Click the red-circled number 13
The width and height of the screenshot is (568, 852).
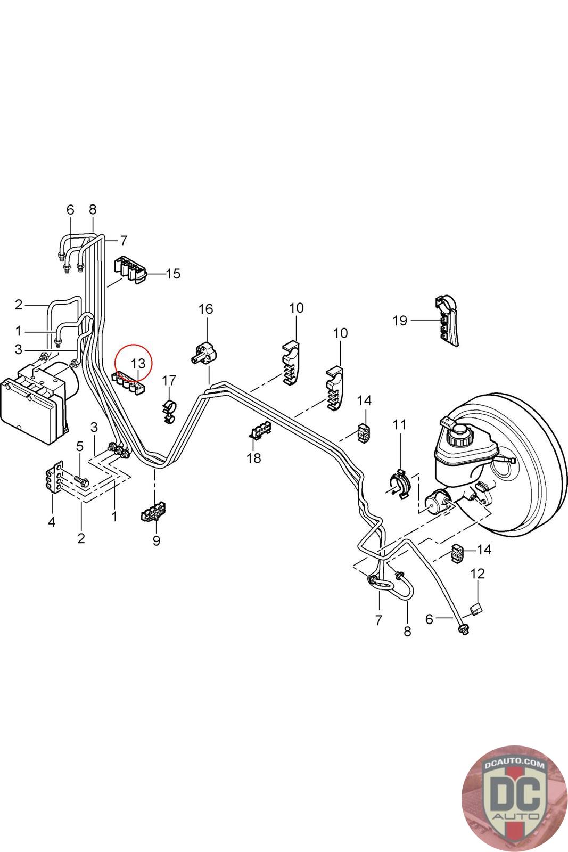point(138,364)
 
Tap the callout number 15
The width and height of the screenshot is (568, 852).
point(173,274)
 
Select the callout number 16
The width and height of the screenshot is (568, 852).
point(205,309)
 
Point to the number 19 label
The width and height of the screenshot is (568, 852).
point(400,321)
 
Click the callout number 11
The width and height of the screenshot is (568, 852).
point(400,424)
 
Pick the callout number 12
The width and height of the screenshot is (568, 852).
point(478,573)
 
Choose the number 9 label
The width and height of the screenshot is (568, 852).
point(157,541)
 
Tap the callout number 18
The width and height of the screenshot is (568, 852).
point(253,458)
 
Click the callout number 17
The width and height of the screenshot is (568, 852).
point(169,380)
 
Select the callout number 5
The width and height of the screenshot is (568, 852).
point(79,446)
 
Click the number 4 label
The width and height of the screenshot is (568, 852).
point(52,521)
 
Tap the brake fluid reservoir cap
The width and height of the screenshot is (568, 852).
point(459,429)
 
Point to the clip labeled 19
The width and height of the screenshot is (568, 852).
point(447,321)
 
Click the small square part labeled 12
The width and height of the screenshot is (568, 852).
point(477,609)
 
